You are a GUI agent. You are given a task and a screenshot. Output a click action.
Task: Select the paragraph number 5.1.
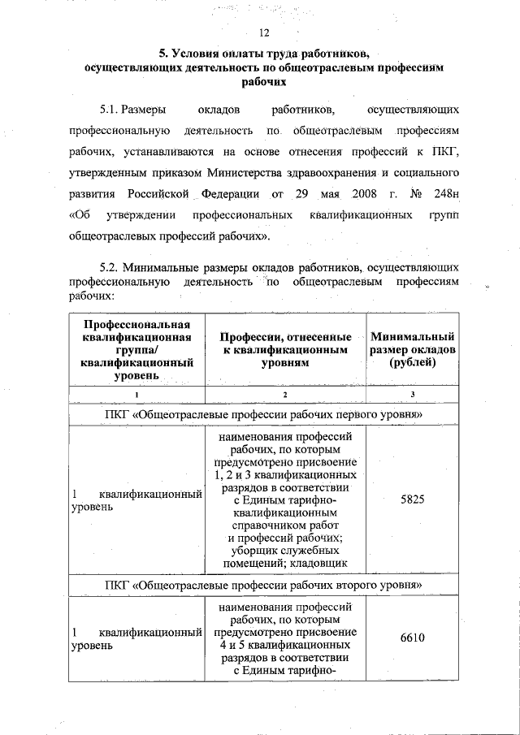tap(112, 108)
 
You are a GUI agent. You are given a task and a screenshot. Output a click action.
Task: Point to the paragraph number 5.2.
tap(112, 266)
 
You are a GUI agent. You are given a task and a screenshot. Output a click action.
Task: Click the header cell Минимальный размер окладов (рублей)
tap(413, 349)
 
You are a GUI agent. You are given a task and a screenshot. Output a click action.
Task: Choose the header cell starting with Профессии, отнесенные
tap(284, 349)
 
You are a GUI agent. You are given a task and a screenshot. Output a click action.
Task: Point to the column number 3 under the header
tap(413, 394)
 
